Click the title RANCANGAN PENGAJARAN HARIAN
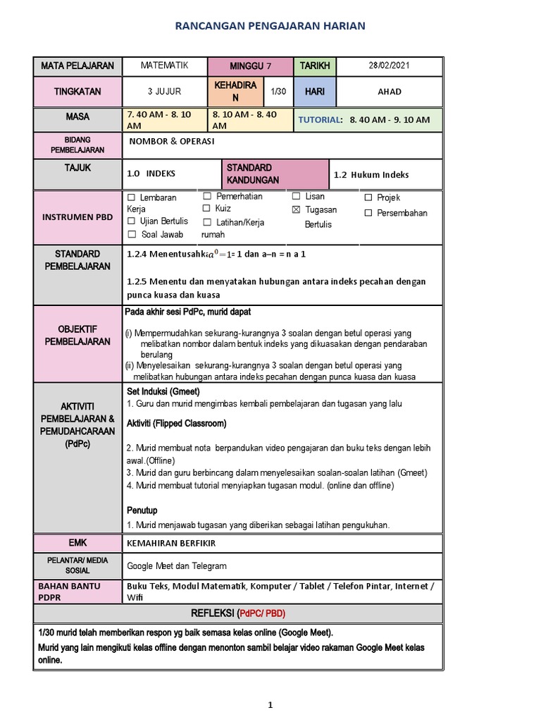point(270,26)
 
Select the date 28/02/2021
point(389,66)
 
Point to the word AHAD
point(389,92)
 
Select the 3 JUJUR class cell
point(164,92)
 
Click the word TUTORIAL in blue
point(319,120)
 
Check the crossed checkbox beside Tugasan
point(296,210)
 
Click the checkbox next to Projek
point(368,198)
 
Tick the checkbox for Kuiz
point(206,209)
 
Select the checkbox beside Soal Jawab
point(131,234)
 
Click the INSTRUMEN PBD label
point(78,216)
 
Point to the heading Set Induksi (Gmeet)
point(163,391)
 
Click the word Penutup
point(142,510)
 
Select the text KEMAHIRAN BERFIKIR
point(170,543)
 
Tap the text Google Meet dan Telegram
point(177,565)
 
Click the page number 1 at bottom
point(270,704)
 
